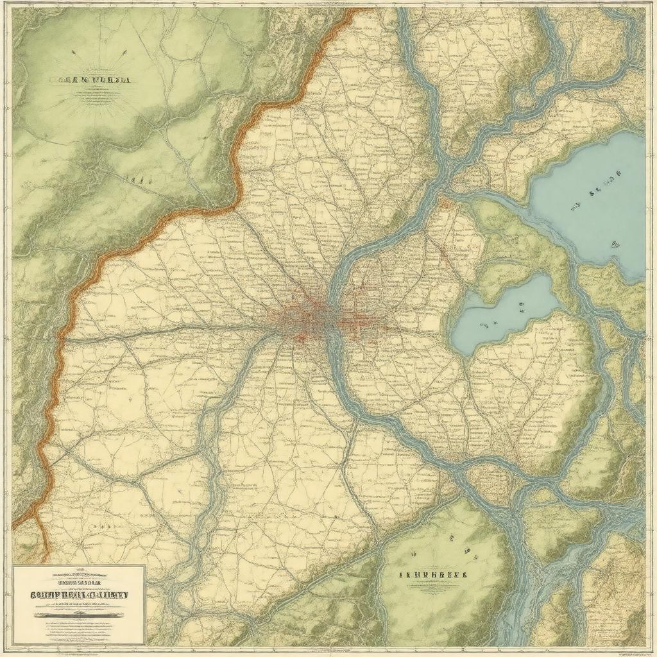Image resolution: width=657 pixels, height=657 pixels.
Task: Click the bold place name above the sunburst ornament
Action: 90,81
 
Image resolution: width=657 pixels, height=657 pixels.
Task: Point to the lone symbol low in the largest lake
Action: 615,244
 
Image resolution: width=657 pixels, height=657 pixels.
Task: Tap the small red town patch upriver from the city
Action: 444,204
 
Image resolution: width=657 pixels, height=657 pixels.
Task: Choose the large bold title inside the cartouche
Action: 79,595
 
